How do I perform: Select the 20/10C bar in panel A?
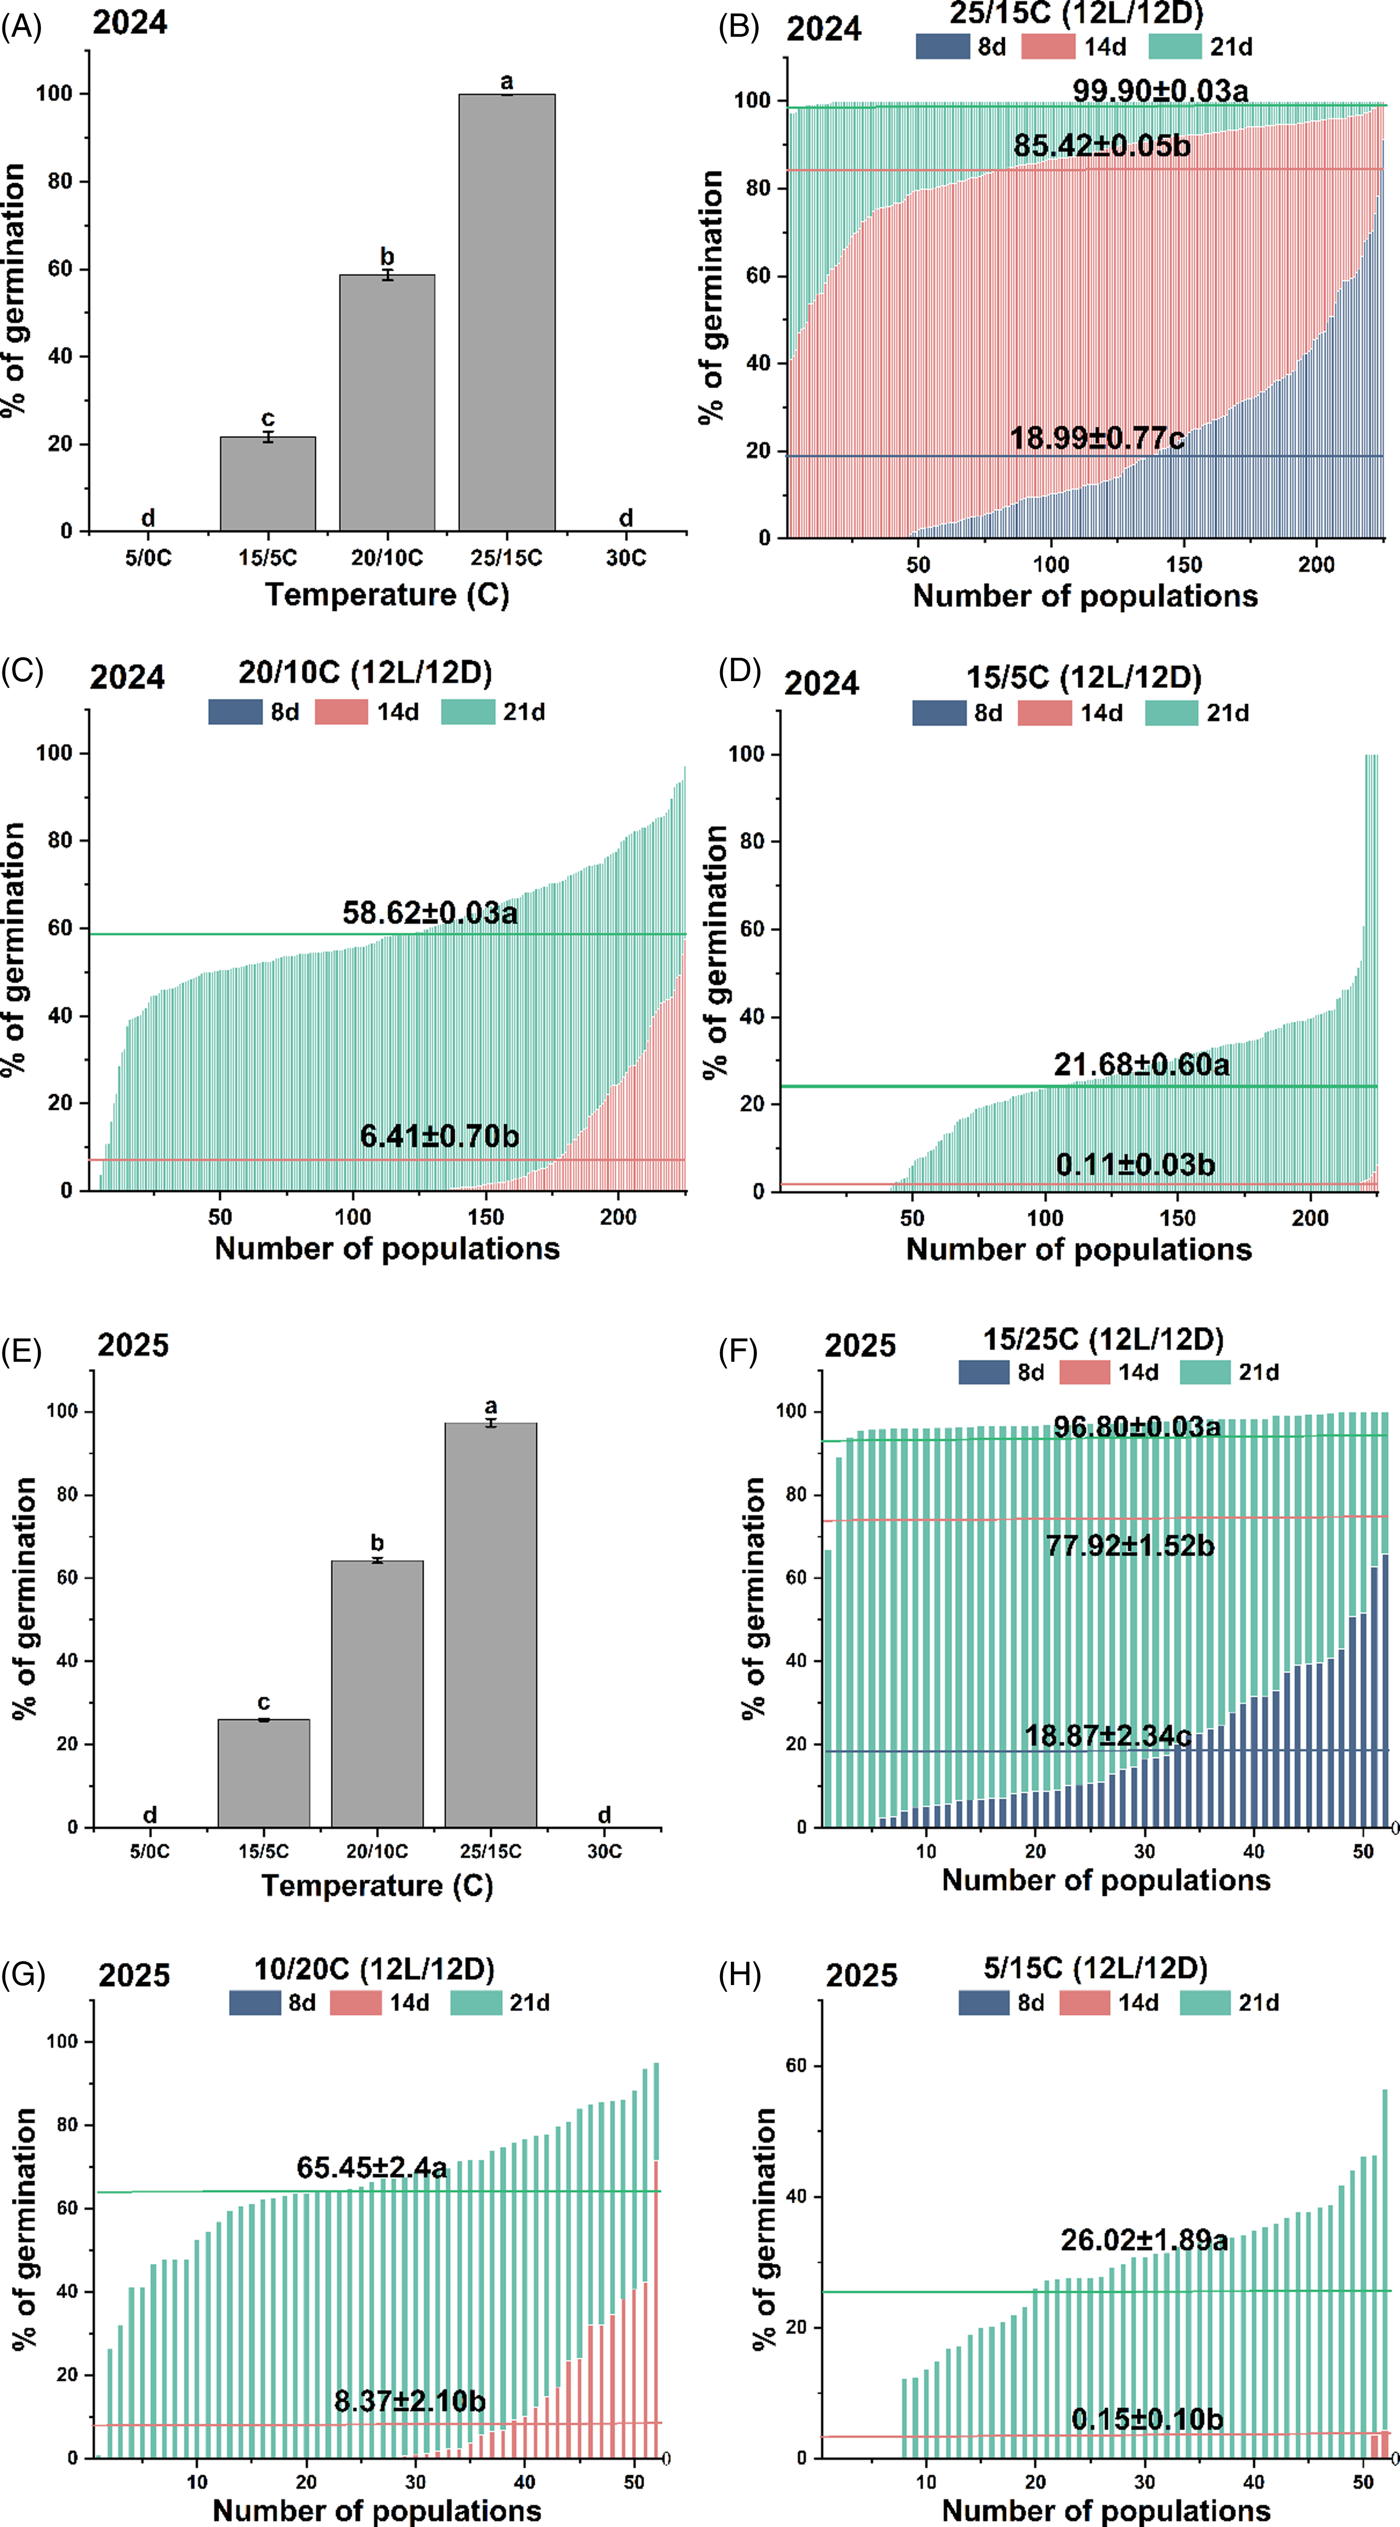pos(387,402)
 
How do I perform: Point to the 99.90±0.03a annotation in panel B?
pos(1160,91)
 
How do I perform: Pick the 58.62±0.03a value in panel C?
pos(430,913)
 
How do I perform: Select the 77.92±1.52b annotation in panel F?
pos(1129,1546)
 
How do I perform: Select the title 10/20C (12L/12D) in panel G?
pos(374,1969)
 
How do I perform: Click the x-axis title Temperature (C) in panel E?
pos(377,1886)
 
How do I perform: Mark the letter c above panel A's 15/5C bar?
pos(268,419)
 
